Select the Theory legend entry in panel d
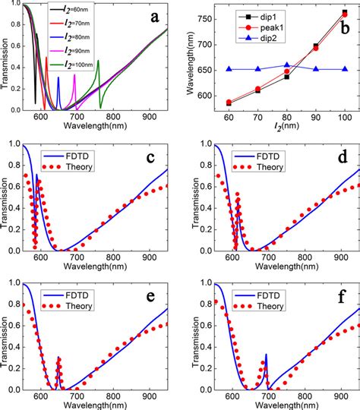286,159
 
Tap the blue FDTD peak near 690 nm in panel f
265,355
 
